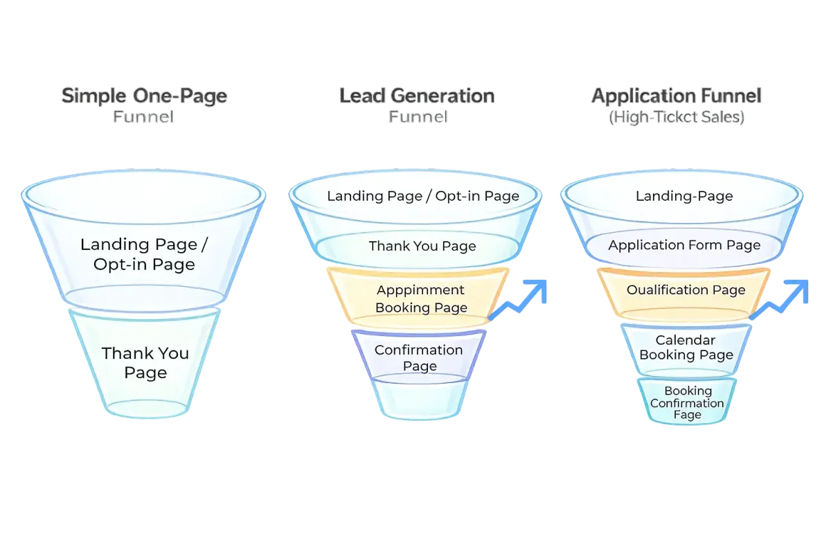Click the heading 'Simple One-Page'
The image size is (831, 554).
[144, 96]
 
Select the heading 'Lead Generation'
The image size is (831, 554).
[417, 96]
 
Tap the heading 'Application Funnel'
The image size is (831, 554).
[676, 96]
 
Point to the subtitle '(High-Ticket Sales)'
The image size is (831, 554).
[676, 118]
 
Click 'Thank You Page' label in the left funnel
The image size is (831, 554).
[145, 363]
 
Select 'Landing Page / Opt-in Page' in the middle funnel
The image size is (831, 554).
[422, 196]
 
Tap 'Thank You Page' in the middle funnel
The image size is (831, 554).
[422, 246]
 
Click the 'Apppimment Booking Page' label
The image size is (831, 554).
[421, 298]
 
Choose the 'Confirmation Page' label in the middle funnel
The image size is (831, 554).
[419, 357]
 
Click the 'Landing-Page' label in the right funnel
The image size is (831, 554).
[684, 196]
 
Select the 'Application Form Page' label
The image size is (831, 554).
[684, 245]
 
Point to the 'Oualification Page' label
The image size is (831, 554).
[686, 289]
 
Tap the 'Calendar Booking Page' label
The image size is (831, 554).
[686, 348]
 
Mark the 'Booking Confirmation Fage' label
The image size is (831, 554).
[687, 403]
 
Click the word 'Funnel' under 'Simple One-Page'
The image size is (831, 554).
[144, 118]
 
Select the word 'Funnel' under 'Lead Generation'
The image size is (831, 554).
[417, 118]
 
